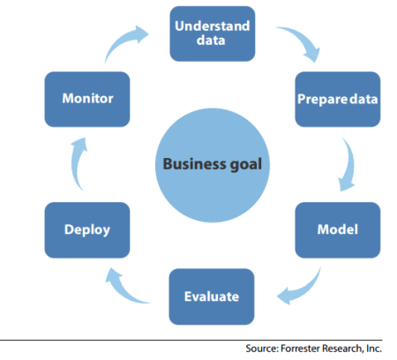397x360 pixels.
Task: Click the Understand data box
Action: tap(212, 34)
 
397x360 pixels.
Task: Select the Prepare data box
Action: tap(336, 98)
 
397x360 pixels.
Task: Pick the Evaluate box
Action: tap(212, 296)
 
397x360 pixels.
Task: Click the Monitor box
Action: tap(86, 98)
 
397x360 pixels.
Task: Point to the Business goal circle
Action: tap(212, 164)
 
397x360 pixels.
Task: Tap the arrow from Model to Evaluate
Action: tap(300, 283)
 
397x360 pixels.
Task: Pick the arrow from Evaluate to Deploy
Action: tap(124, 283)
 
